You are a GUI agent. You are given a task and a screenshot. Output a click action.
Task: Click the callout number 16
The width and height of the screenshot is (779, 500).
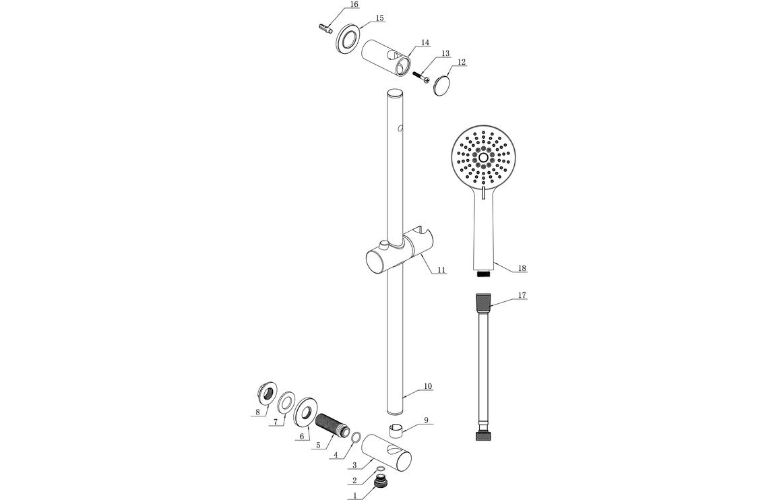pyautogui.click(x=354, y=5)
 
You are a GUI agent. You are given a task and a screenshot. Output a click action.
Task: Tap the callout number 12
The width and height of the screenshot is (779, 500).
pyautogui.click(x=461, y=62)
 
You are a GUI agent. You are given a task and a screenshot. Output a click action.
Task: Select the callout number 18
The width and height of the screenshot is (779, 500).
pyautogui.click(x=522, y=268)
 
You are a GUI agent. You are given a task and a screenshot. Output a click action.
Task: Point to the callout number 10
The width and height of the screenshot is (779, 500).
pyautogui.click(x=428, y=387)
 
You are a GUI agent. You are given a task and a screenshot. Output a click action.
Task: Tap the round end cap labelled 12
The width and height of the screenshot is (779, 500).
pyautogui.click(x=442, y=86)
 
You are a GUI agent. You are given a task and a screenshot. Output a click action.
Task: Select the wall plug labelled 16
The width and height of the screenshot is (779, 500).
pyautogui.click(x=324, y=28)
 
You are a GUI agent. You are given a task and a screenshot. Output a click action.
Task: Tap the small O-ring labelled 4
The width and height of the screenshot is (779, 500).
pyautogui.click(x=357, y=439)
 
